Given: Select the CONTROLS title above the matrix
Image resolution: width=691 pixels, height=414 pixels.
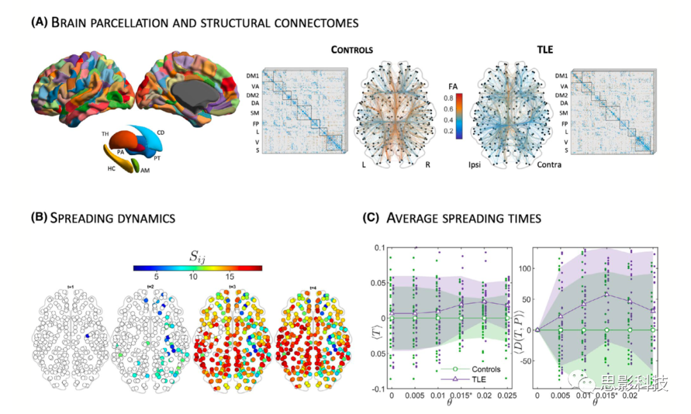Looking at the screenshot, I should click(352, 49).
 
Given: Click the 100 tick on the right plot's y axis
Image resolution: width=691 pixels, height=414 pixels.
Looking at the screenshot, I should click(525, 269).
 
